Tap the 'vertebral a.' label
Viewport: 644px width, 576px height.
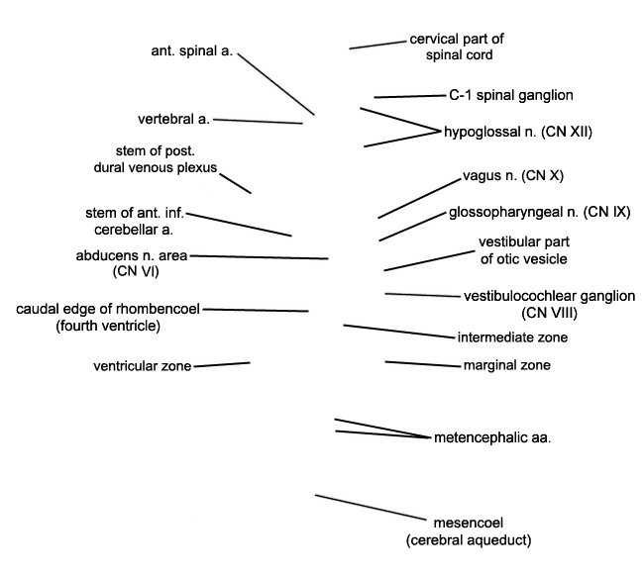click(173, 120)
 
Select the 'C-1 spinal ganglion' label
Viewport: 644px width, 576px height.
click(511, 96)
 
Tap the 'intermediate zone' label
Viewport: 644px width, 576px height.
click(512, 337)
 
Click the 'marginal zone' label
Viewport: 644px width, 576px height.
click(506, 365)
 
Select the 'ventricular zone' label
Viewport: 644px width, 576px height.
click(143, 366)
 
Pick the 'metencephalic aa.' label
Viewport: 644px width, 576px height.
click(492, 436)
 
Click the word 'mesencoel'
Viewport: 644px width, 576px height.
click(470, 523)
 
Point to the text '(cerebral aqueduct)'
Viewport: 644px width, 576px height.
click(470, 540)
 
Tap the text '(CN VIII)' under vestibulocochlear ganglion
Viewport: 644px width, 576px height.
click(549, 313)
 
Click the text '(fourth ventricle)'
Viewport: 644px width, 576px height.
click(108, 326)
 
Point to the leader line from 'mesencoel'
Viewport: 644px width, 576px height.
click(371, 506)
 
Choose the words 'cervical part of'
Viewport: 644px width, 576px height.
click(457, 40)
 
